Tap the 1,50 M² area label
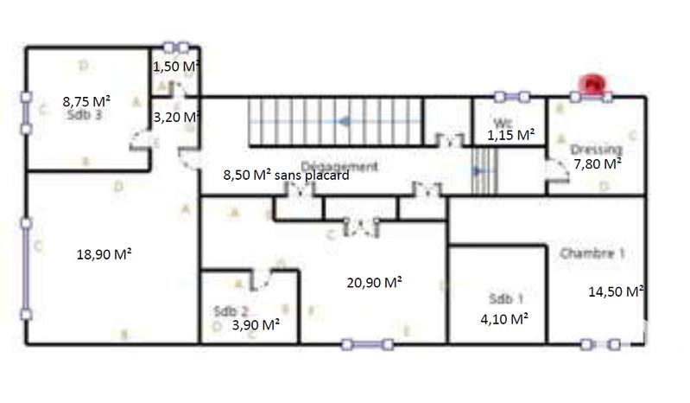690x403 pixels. (x=176, y=67)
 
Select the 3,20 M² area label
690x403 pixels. (x=176, y=117)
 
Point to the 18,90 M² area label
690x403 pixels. (x=104, y=254)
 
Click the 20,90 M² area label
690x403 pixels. (x=375, y=282)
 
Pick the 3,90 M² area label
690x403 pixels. (x=255, y=324)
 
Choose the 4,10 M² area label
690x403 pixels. (x=504, y=318)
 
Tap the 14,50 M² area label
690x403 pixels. (x=616, y=291)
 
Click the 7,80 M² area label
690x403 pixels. (x=597, y=163)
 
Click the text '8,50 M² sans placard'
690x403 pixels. (x=286, y=175)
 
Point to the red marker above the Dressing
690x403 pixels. (x=592, y=84)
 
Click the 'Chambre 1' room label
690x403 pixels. (x=592, y=254)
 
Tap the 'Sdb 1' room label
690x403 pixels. (x=505, y=299)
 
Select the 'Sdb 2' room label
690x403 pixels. (x=231, y=310)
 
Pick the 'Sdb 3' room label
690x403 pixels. (x=85, y=115)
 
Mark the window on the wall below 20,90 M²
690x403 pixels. (x=367, y=345)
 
